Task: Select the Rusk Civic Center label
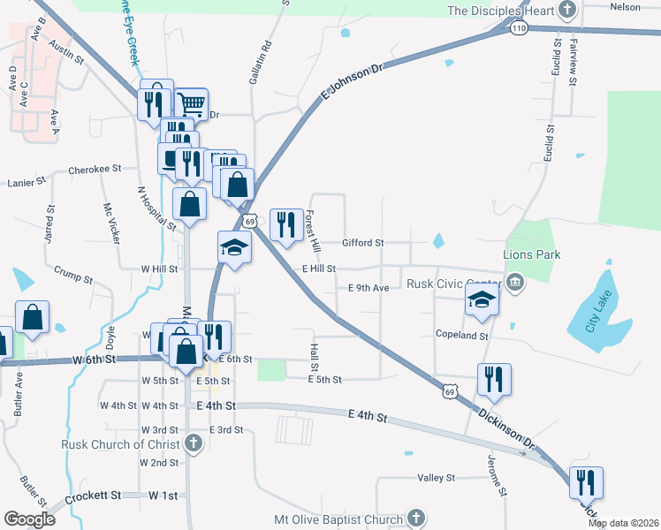tap(454, 284)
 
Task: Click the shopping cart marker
tap(191, 103)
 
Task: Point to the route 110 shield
tap(518, 28)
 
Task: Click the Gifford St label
tap(363, 242)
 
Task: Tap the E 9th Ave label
tap(368, 288)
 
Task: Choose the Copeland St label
tap(461, 336)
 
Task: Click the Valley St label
tap(436, 478)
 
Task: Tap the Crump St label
tap(72, 278)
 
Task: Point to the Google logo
tap(29, 519)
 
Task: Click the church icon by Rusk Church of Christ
tap(194, 444)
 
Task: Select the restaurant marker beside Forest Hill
tap(284, 225)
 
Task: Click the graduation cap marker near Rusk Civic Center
tap(482, 300)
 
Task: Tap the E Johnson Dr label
tap(353, 79)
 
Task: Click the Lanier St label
tap(27, 182)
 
